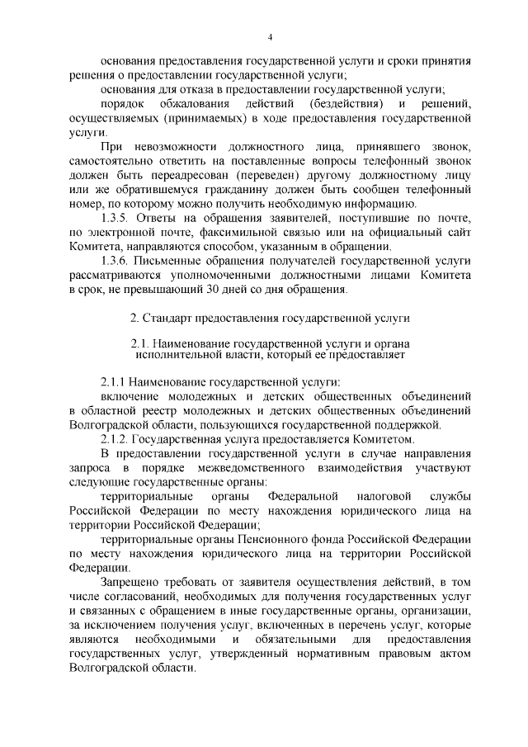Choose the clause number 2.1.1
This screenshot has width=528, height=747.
pos(115,383)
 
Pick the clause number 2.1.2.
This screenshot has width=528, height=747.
pos(115,438)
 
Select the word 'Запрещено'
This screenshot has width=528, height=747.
pos(128,583)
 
